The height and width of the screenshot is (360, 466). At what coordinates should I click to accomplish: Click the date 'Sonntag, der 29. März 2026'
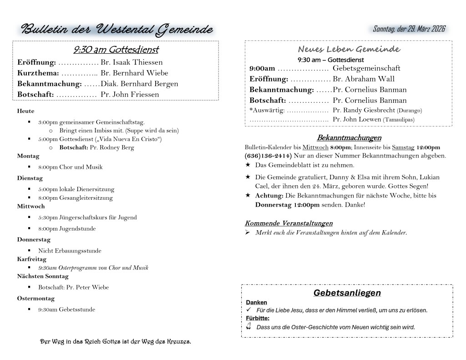pyautogui.click(x=409, y=29)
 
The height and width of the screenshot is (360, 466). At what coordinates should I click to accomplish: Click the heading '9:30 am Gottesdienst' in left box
pyautogui.click(x=116, y=50)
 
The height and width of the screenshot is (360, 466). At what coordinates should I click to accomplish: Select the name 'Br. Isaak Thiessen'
pyautogui.click(x=132, y=62)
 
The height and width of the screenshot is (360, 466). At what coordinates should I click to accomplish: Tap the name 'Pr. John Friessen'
pyautogui.click(x=130, y=95)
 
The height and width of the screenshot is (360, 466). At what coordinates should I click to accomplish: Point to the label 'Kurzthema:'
pyautogui.click(x=38, y=73)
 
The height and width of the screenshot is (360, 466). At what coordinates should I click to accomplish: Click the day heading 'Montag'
pyautogui.click(x=28, y=156)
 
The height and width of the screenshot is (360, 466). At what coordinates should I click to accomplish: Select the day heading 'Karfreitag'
pyautogui.click(x=32, y=259)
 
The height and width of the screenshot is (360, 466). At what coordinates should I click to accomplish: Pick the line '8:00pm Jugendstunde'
pyautogui.click(x=67, y=228)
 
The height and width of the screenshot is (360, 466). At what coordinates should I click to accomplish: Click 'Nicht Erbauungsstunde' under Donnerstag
pyautogui.click(x=70, y=250)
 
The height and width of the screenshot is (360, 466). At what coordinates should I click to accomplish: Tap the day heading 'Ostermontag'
pyautogui.click(x=36, y=299)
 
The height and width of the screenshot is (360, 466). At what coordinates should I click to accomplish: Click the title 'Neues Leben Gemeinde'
pyautogui.click(x=349, y=49)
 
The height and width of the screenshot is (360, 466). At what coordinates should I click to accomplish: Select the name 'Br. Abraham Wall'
pyautogui.click(x=364, y=79)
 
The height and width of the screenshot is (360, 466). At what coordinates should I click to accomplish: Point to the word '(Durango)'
pyautogui.click(x=410, y=111)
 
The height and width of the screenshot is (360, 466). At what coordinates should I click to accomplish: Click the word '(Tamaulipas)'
pyautogui.click(x=399, y=120)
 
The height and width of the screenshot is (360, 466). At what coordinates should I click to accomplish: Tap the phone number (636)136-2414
pyautogui.click(x=267, y=156)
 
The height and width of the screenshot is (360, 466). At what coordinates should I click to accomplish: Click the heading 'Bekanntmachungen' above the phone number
pyautogui.click(x=349, y=138)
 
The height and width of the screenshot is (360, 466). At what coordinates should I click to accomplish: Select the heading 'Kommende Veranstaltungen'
pyautogui.click(x=289, y=223)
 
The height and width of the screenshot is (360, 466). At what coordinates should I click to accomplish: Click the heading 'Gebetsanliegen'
pyautogui.click(x=347, y=293)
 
